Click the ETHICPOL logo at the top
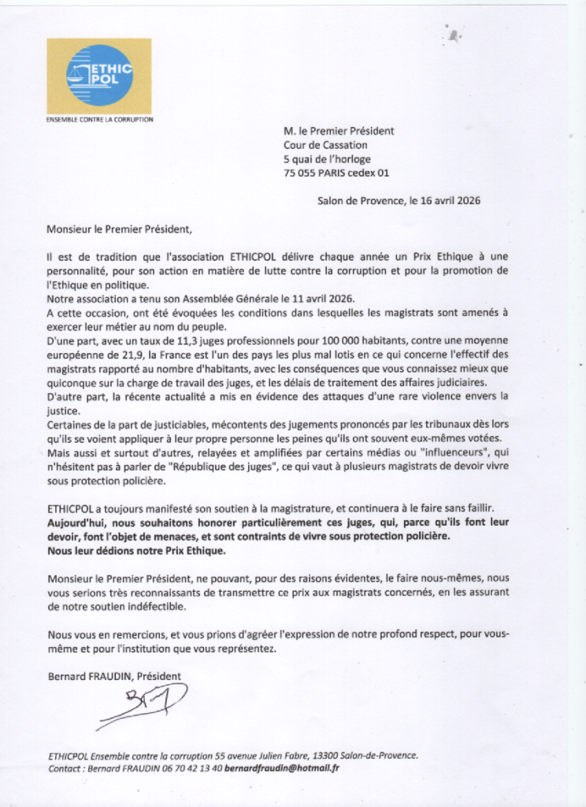tap(98, 76)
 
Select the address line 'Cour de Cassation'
tap(325, 145)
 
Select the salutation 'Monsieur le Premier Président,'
tap(119, 230)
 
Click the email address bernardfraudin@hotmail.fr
tap(281, 768)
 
